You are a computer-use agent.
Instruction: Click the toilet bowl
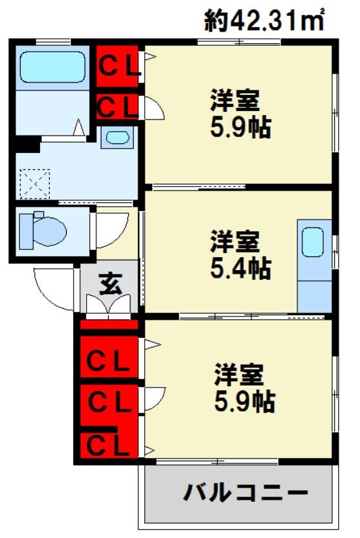pos(43,229)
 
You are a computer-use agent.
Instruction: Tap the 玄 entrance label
pos(110,284)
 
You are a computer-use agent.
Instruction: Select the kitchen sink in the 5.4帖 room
pos(313,243)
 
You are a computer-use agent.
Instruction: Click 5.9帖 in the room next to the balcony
pos(244,402)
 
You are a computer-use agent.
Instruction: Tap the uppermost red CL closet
pos(118,66)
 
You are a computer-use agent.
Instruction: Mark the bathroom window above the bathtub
pos(52,43)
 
